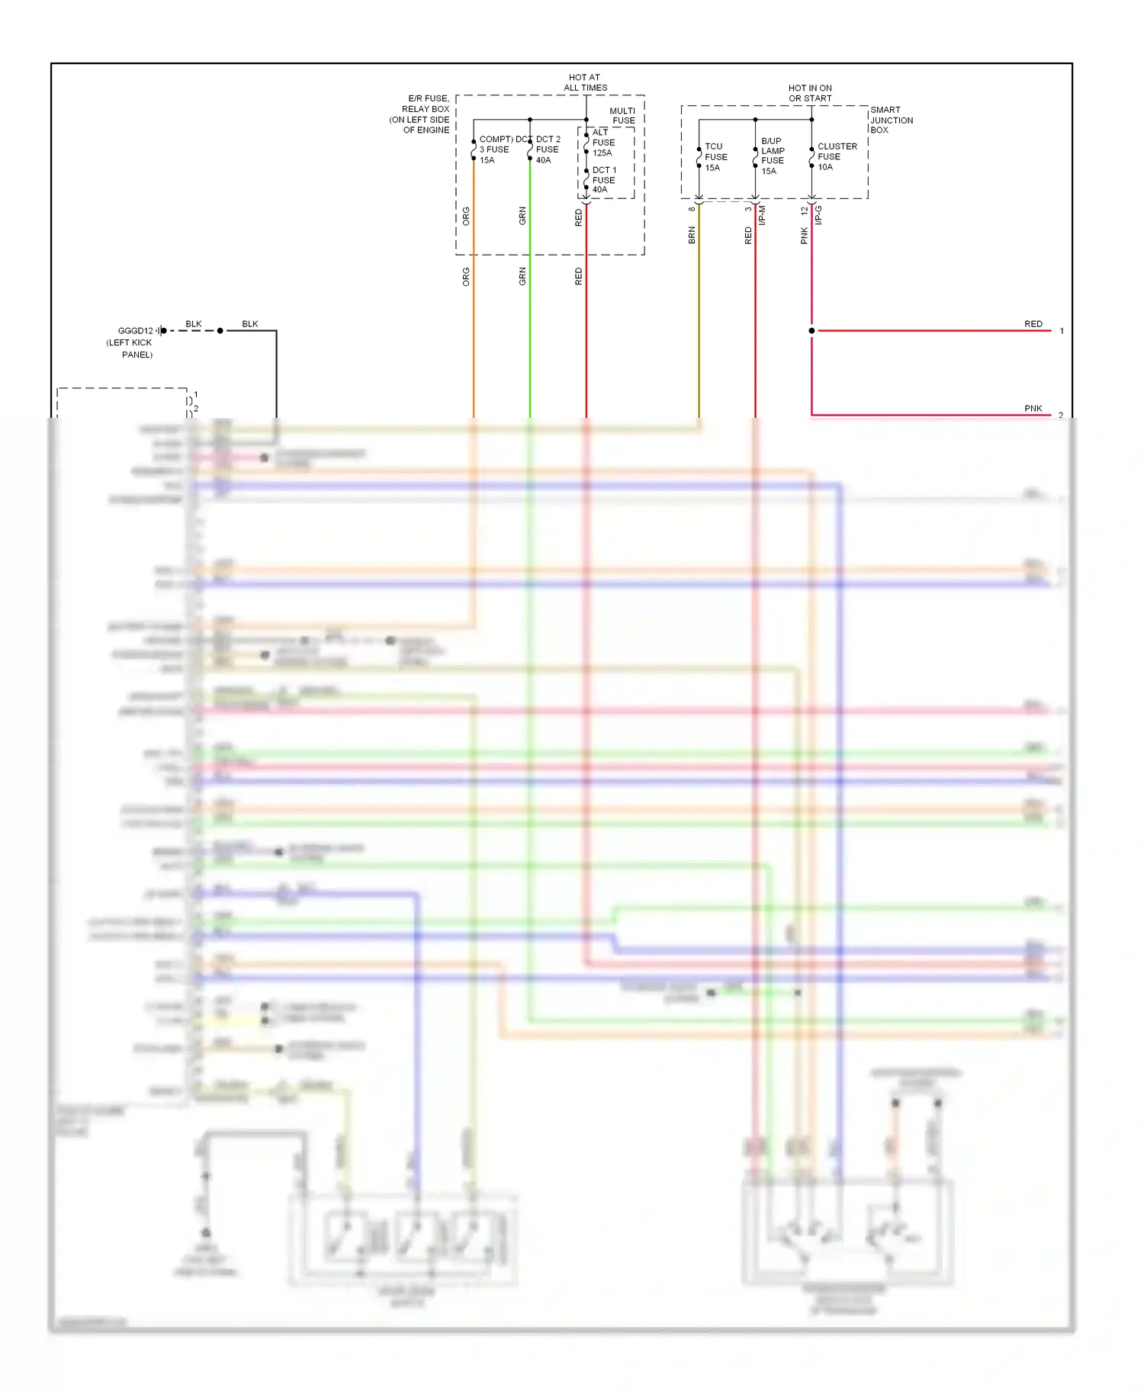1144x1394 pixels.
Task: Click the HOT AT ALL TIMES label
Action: [x=585, y=82]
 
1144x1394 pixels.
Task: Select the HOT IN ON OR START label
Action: [x=810, y=93]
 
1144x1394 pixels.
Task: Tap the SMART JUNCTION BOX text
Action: [x=891, y=120]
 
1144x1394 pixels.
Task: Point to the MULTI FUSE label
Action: [x=622, y=115]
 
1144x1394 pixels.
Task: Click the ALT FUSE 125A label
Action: [x=603, y=143]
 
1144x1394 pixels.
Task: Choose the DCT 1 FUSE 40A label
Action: [x=603, y=180]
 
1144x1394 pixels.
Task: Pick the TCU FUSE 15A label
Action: [x=715, y=157]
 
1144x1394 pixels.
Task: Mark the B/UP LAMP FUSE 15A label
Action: [x=772, y=156]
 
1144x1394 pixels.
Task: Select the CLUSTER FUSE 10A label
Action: [x=837, y=156]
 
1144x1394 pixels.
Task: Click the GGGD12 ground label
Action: [x=135, y=331]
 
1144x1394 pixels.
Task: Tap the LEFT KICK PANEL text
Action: [x=130, y=348]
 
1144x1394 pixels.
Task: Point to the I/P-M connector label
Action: [x=762, y=215]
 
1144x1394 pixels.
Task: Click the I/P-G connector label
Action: [x=818, y=215]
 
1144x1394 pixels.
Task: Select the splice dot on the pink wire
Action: [x=811, y=331]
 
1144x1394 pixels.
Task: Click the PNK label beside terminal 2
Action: [x=1033, y=409]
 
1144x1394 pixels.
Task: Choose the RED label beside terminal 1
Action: [x=1033, y=324]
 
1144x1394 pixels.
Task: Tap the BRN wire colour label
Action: [x=692, y=235]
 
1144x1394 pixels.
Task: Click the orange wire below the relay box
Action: [x=474, y=343]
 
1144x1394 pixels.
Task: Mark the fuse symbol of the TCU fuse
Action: [x=699, y=158]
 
